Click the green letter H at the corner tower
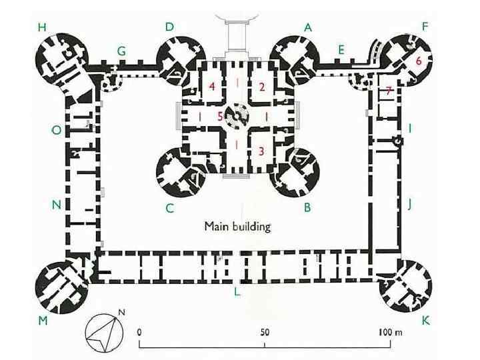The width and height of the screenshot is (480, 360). pyautogui.click(x=42, y=27)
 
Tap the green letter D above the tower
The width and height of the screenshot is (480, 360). pyautogui.click(x=169, y=27)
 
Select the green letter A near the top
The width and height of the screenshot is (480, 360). pyautogui.click(x=307, y=27)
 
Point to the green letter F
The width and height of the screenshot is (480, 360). pyautogui.click(x=425, y=27)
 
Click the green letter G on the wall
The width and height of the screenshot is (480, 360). pyautogui.click(x=121, y=51)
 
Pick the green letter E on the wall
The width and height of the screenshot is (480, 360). pyautogui.click(x=341, y=49)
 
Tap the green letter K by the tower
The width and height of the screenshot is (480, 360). pyautogui.click(x=425, y=321)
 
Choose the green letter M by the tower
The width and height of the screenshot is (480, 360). pyautogui.click(x=43, y=321)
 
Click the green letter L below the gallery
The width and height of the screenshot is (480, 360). pyautogui.click(x=237, y=292)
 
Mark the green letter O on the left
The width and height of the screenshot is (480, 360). pyautogui.click(x=56, y=131)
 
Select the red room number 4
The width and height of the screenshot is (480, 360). pyautogui.click(x=212, y=87)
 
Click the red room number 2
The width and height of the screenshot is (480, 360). pyautogui.click(x=262, y=87)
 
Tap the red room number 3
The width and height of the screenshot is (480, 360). pyautogui.click(x=261, y=151)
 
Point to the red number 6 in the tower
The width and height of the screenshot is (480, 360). pyautogui.click(x=418, y=61)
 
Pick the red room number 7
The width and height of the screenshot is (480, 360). pyautogui.click(x=389, y=90)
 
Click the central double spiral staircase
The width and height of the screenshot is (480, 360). pyautogui.click(x=237, y=116)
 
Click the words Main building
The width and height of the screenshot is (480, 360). pyautogui.click(x=237, y=227)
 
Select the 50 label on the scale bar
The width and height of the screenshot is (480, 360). pyautogui.click(x=265, y=332)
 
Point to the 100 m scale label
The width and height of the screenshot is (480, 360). pyautogui.click(x=390, y=332)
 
